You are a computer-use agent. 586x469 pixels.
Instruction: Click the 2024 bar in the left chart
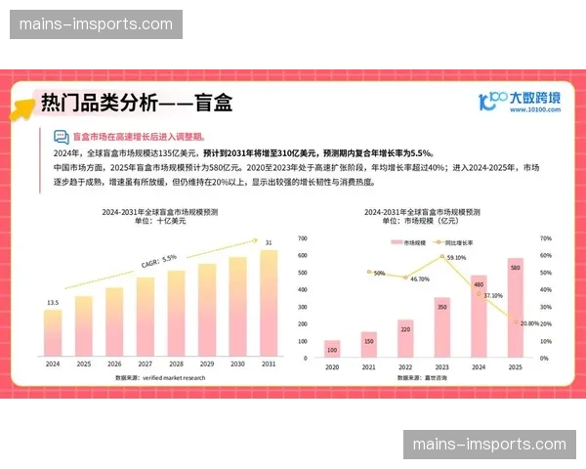(x=53, y=332)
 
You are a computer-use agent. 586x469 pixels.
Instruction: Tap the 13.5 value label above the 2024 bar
(x=53, y=303)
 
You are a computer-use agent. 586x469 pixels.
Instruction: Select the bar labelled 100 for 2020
(x=332, y=349)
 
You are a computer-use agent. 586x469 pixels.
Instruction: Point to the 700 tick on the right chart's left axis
(x=304, y=237)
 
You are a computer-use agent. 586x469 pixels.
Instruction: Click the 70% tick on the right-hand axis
(x=546, y=237)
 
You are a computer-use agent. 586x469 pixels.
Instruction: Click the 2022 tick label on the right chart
(x=405, y=368)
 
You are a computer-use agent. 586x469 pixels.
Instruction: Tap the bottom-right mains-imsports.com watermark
(x=490, y=445)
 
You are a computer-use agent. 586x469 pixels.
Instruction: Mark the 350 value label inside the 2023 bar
(x=442, y=333)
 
